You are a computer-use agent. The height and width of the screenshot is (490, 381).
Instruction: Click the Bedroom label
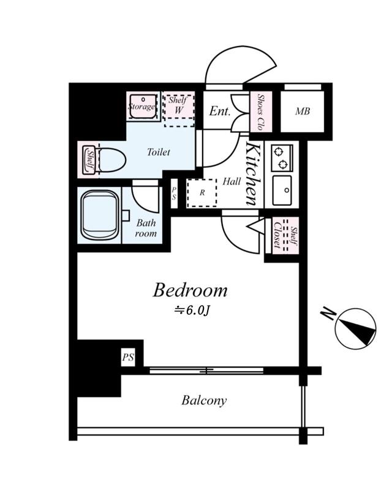(x=190, y=290)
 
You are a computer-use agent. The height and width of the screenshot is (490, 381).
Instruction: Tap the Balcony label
(x=204, y=401)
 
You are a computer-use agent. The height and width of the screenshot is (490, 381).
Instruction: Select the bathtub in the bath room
(x=100, y=216)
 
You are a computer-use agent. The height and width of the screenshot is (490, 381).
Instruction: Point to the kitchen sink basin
(x=282, y=190)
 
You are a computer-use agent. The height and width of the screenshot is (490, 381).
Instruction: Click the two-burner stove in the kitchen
(x=282, y=158)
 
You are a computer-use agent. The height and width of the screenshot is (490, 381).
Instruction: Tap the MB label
(x=302, y=111)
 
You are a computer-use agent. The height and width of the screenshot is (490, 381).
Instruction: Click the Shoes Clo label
(x=260, y=112)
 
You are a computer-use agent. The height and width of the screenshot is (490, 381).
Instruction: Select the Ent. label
(x=220, y=111)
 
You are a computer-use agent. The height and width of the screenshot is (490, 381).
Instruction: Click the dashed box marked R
(x=202, y=193)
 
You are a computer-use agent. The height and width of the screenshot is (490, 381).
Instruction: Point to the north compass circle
(x=355, y=328)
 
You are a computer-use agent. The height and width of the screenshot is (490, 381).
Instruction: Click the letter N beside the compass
(x=328, y=314)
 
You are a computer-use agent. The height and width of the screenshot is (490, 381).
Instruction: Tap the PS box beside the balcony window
(x=128, y=357)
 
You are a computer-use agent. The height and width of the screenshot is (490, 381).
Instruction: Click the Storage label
(x=141, y=107)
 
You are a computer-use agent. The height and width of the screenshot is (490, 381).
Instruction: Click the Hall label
(x=232, y=181)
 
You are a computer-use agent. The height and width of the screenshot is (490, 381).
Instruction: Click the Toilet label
(x=159, y=152)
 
